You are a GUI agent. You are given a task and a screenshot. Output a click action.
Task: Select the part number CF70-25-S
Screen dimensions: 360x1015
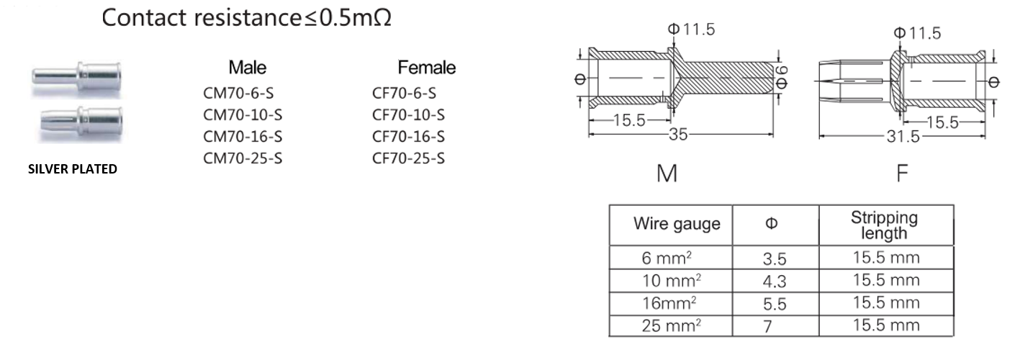[x=408, y=158]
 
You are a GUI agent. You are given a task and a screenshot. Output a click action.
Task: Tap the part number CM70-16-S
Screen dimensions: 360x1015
[x=243, y=137]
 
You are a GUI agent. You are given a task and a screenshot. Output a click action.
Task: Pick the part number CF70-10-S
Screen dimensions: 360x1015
[x=408, y=114]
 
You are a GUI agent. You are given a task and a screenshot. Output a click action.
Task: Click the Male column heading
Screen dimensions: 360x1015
[x=247, y=68]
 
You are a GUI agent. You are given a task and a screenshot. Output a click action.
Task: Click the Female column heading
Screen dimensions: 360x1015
[x=426, y=68]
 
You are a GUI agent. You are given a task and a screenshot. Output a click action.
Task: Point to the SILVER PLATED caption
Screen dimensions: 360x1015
[x=72, y=170]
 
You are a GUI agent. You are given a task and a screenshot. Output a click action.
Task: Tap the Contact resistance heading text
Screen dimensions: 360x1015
[x=247, y=17]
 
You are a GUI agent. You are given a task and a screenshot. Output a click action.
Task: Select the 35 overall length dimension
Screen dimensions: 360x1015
[x=677, y=135]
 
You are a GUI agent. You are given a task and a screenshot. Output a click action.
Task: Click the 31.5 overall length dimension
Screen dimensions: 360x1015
[x=903, y=137]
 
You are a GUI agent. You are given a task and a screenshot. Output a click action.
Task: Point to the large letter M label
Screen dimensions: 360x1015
[x=667, y=174]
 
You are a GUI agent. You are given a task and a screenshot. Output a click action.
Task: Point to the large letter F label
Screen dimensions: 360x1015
[x=903, y=174]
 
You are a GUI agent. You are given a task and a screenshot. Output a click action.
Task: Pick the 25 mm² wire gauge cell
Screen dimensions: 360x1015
[x=670, y=325]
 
